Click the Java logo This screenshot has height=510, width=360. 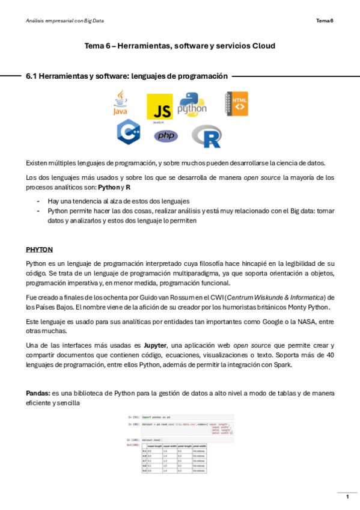click(121, 103)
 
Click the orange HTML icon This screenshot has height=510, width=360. click(237, 103)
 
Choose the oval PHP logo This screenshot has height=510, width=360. click(166, 136)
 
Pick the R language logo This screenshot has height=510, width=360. click(207, 136)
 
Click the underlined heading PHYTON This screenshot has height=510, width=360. click(39, 248)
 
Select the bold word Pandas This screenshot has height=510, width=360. click(38, 393)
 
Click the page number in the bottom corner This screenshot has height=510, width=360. click(347, 497)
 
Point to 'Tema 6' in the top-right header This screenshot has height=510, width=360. click(325, 21)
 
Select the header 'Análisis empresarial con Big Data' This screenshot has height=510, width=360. click(65, 21)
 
